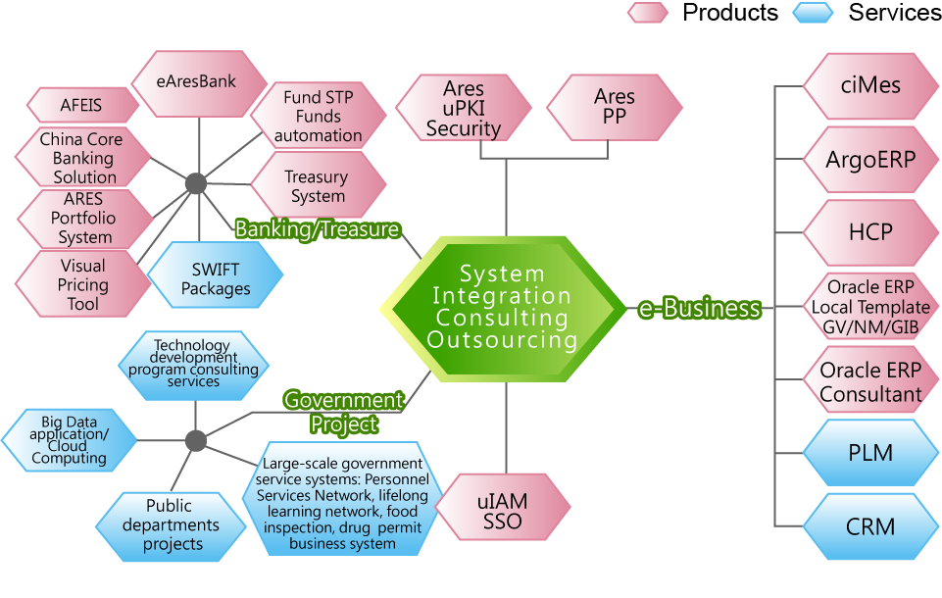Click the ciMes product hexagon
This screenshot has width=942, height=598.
click(x=870, y=85)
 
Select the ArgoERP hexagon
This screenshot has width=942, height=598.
click(x=870, y=159)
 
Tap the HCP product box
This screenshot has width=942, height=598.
click(x=870, y=232)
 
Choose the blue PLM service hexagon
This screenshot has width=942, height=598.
click(x=870, y=453)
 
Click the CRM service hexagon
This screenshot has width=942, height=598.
click(x=870, y=526)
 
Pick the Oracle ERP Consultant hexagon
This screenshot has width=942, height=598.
click(x=870, y=382)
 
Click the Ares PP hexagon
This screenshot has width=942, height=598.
click(x=615, y=107)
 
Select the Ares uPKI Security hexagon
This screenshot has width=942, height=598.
click(x=464, y=109)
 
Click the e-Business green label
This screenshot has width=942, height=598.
click(x=699, y=309)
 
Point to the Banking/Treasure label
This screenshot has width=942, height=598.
click(x=318, y=229)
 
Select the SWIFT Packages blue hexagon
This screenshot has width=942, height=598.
click(x=216, y=279)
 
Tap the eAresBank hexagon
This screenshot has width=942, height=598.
click(x=197, y=82)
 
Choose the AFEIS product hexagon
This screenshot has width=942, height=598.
click(x=81, y=105)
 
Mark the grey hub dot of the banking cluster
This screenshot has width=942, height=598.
click(x=196, y=183)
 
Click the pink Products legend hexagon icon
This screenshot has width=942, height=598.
click(x=648, y=13)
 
